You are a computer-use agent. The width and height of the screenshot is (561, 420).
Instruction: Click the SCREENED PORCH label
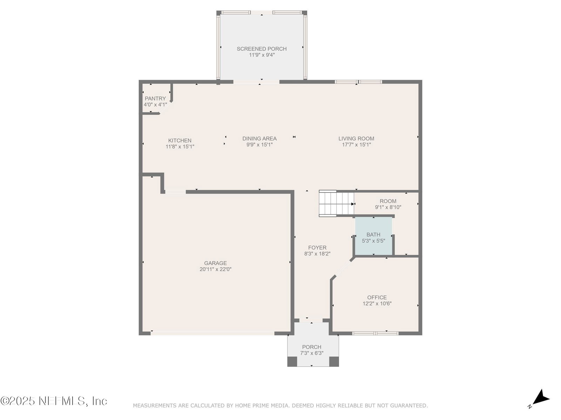coord(262,49)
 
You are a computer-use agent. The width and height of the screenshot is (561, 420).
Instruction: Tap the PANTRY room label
coord(155,98)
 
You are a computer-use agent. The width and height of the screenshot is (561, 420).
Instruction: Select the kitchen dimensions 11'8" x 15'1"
coord(180,147)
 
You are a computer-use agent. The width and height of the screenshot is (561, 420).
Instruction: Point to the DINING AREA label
coord(259,139)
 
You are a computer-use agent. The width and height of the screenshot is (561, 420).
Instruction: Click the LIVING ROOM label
coord(356,139)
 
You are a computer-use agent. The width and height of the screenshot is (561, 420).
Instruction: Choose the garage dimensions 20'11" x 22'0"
coord(215,269)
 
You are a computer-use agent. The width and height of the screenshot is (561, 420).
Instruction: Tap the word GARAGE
coord(215,263)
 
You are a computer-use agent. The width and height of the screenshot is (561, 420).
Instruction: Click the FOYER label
coord(317,247)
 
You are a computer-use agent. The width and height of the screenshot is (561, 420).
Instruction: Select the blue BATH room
coord(373,236)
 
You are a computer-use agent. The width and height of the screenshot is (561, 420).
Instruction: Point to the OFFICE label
coord(377,297)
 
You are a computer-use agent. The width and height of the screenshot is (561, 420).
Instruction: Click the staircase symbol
coord(336,203)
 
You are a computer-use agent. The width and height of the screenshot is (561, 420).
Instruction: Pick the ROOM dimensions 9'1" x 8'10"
coord(388,207)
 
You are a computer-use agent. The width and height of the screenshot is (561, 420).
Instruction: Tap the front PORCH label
coord(312,347)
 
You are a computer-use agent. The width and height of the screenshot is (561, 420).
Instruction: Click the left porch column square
coord(292,362)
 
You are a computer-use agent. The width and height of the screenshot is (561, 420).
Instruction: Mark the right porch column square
coord(334,362)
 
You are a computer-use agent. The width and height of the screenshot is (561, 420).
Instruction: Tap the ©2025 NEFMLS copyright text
coord(53,401)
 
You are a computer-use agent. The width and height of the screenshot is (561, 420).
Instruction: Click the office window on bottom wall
coord(375,333)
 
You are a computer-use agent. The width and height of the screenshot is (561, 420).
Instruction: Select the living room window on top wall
coord(358,82)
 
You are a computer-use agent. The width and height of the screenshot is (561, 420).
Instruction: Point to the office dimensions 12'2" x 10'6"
coord(377,303)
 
